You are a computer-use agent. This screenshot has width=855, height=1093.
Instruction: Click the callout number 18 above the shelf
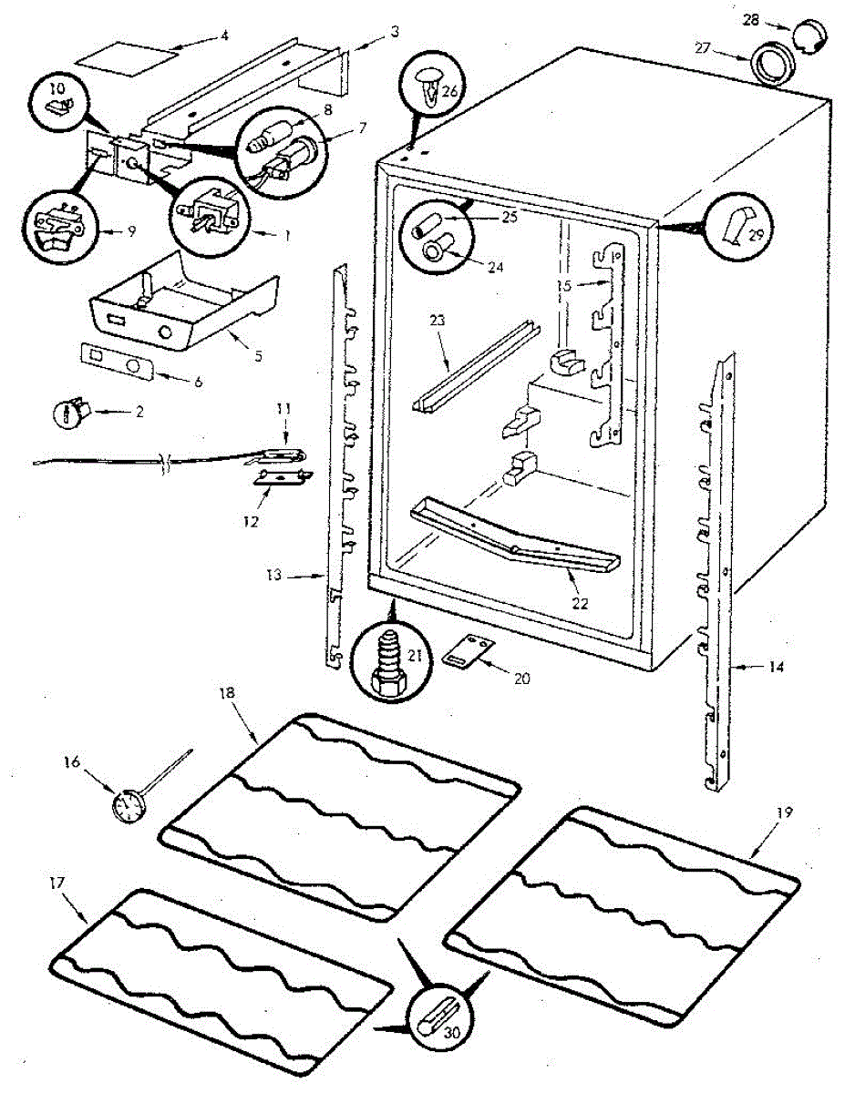tap(227, 693)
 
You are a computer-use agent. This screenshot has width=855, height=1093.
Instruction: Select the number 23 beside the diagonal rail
tap(436, 320)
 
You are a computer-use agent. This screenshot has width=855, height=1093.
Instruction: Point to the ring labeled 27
tap(769, 66)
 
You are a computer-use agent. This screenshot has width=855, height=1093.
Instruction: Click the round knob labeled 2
tap(73, 413)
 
